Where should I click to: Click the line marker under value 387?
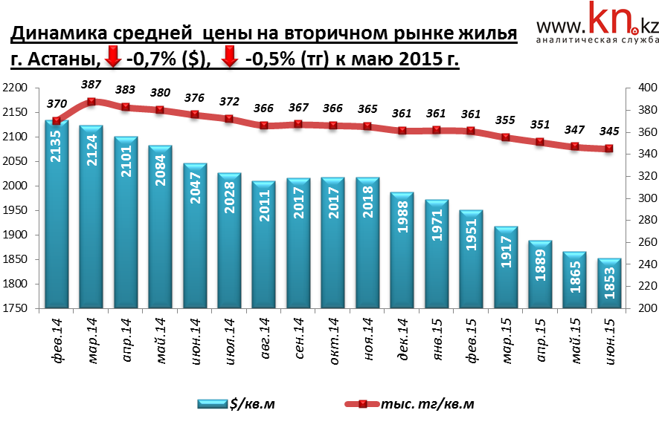pyautogui.click(x=91, y=102)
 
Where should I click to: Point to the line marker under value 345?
pyautogui.click(x=608, y=149)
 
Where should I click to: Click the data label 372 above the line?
pyautogui.click(x=229, y=102)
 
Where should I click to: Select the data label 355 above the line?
pyautogui.click(x=505, y=120)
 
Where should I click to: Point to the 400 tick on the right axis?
pyautogui.click(x=642, y=88)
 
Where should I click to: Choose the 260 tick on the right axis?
pyautogui.click(x=642, y=242)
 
